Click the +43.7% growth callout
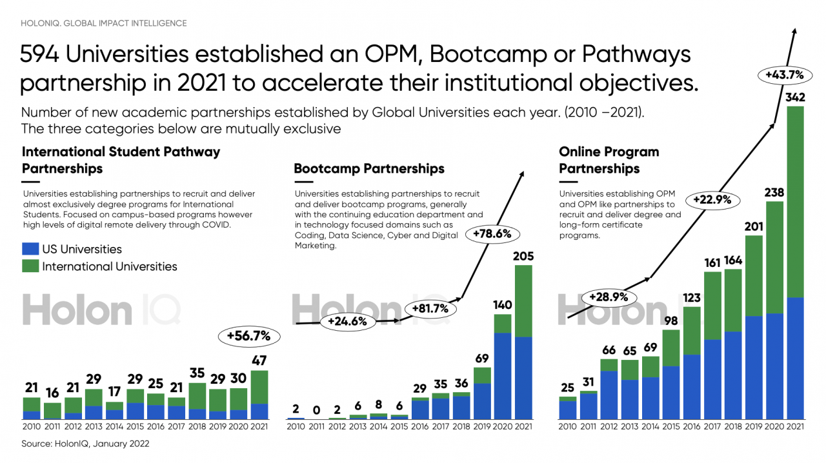(784, 75)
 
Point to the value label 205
(523, 257)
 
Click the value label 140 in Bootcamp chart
(502, 305)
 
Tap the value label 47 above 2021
(259, 361)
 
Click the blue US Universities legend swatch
(30, 249)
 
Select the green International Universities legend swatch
(30, 266)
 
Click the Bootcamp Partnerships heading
(369, 169)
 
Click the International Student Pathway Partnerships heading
(121, 161)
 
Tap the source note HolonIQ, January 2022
(85, 444)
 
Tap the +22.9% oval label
(712, 199)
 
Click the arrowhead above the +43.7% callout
(795, 31)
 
